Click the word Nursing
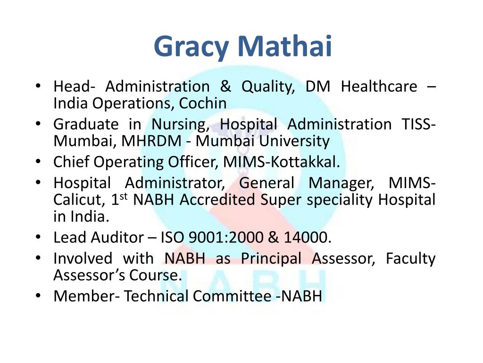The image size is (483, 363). pyautogui.click(x=180, y=124)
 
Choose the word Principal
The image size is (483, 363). pyautogui.click(x=271, y=259)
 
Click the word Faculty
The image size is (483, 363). pyautogui.click(x=410, y=259)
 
